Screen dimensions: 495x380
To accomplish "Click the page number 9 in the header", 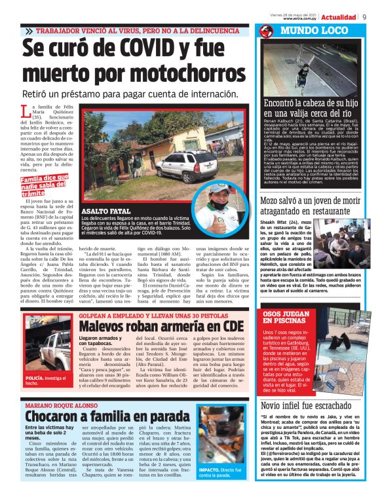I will point(364,16).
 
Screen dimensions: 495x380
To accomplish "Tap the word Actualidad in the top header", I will point(339,17).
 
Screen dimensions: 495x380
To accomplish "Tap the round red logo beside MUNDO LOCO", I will point(265,31).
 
